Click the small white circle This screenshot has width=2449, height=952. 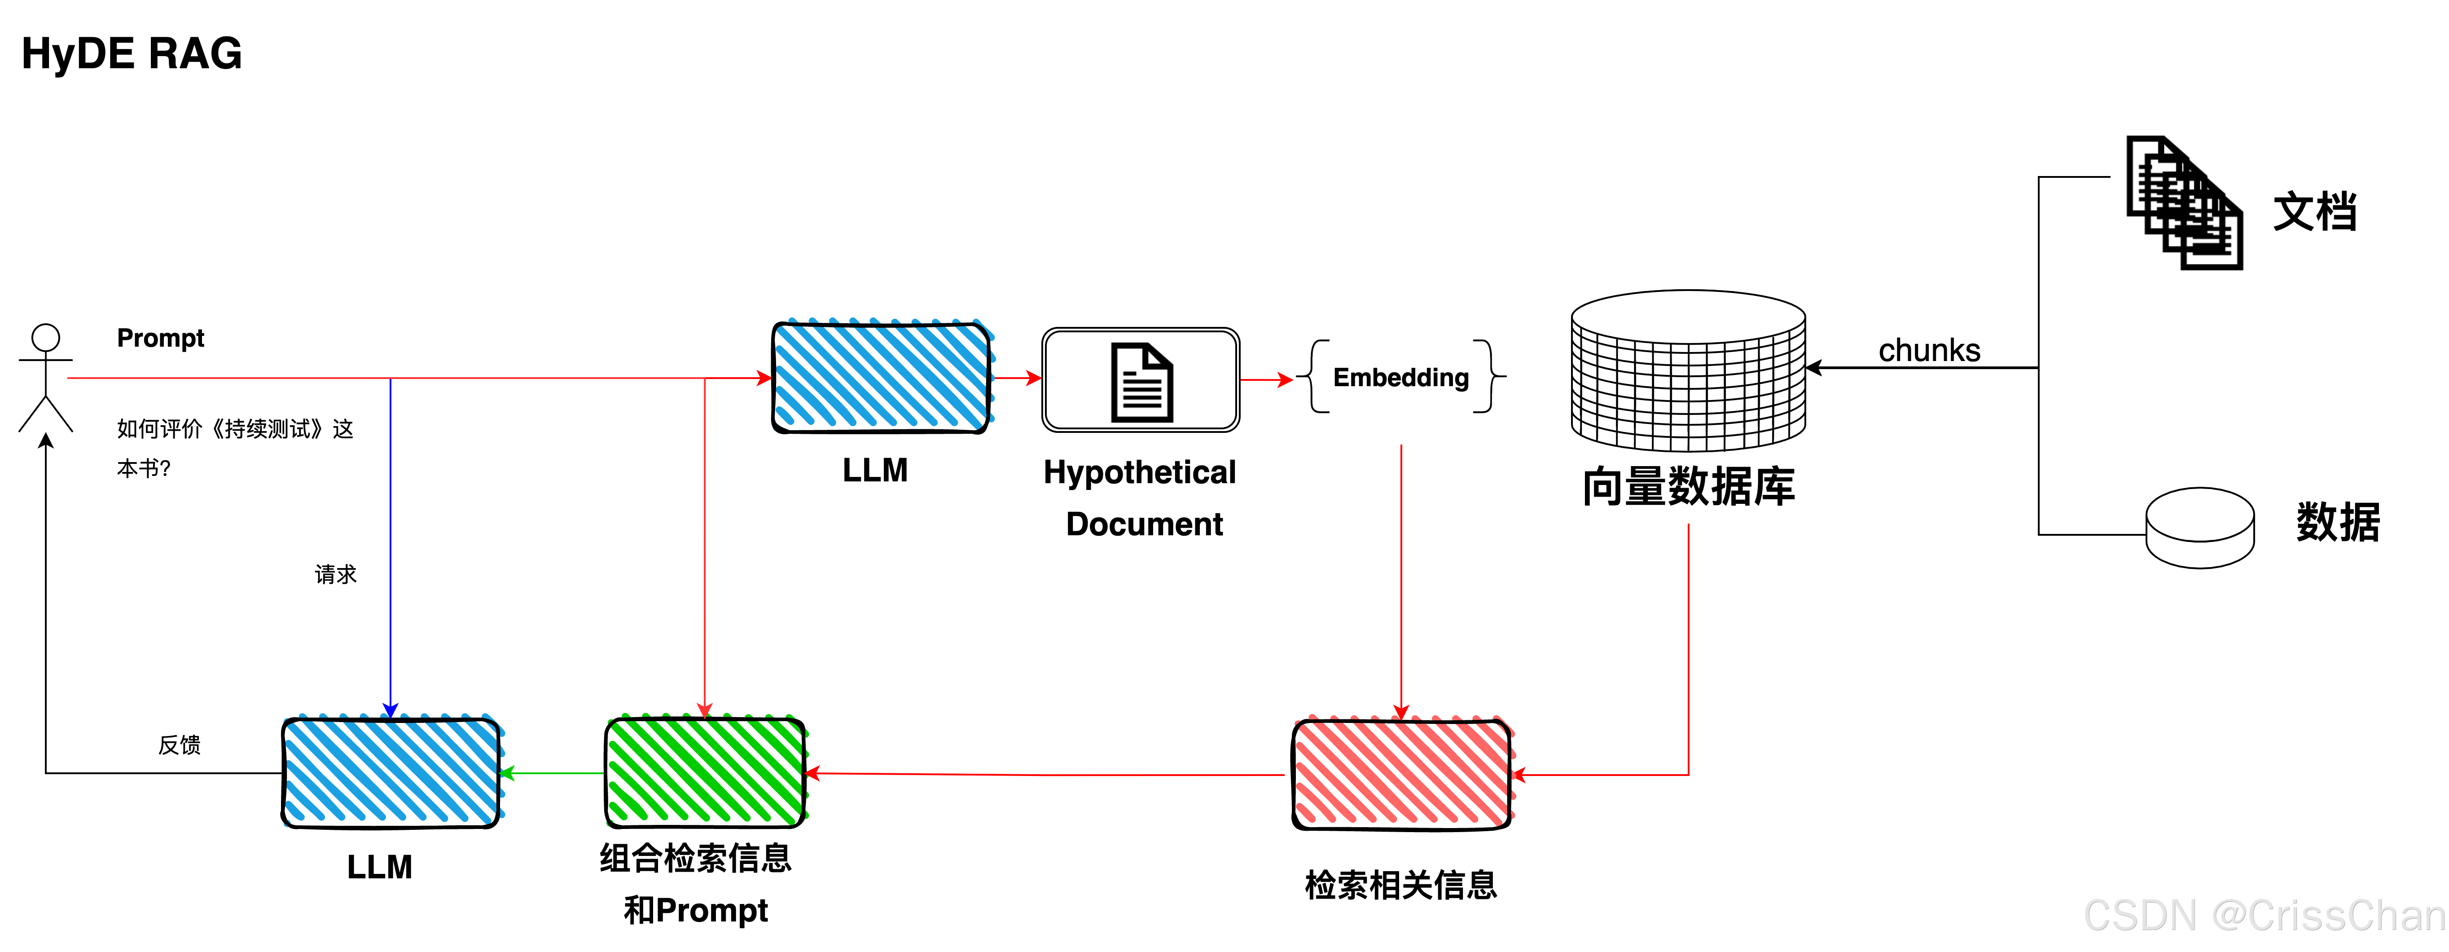pos(46,338)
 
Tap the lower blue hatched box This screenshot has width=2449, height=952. pos(393,770)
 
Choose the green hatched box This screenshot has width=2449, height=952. pos(707,770)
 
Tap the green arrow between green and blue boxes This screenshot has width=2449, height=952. pos(551,773)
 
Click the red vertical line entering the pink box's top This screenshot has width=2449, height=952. pos(1401,571)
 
